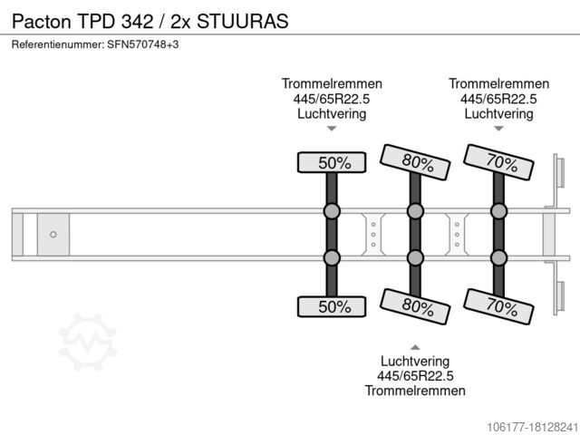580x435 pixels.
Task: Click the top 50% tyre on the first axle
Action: (x=333, y=163)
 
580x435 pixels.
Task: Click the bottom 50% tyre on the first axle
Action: (x=333, y=306)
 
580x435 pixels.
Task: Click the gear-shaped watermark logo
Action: (x=88, y=342)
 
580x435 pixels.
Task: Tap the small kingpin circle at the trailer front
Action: (x=53, y=235)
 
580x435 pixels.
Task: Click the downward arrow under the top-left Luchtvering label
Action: (x=332, y=130)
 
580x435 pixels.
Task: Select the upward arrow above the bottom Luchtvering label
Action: (x=415, y=347)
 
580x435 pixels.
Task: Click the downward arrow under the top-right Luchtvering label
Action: (x=498, y=130)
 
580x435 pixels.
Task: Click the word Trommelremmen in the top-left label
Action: (x=332, y=84)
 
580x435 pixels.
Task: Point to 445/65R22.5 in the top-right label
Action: (x=498, y=99)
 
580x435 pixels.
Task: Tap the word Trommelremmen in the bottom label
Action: (x=415, y=391)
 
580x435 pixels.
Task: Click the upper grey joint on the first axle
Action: (x=332, y=212)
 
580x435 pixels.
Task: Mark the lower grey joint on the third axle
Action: (x=498, y=258)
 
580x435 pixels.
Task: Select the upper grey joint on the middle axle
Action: (x=415, y=212)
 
